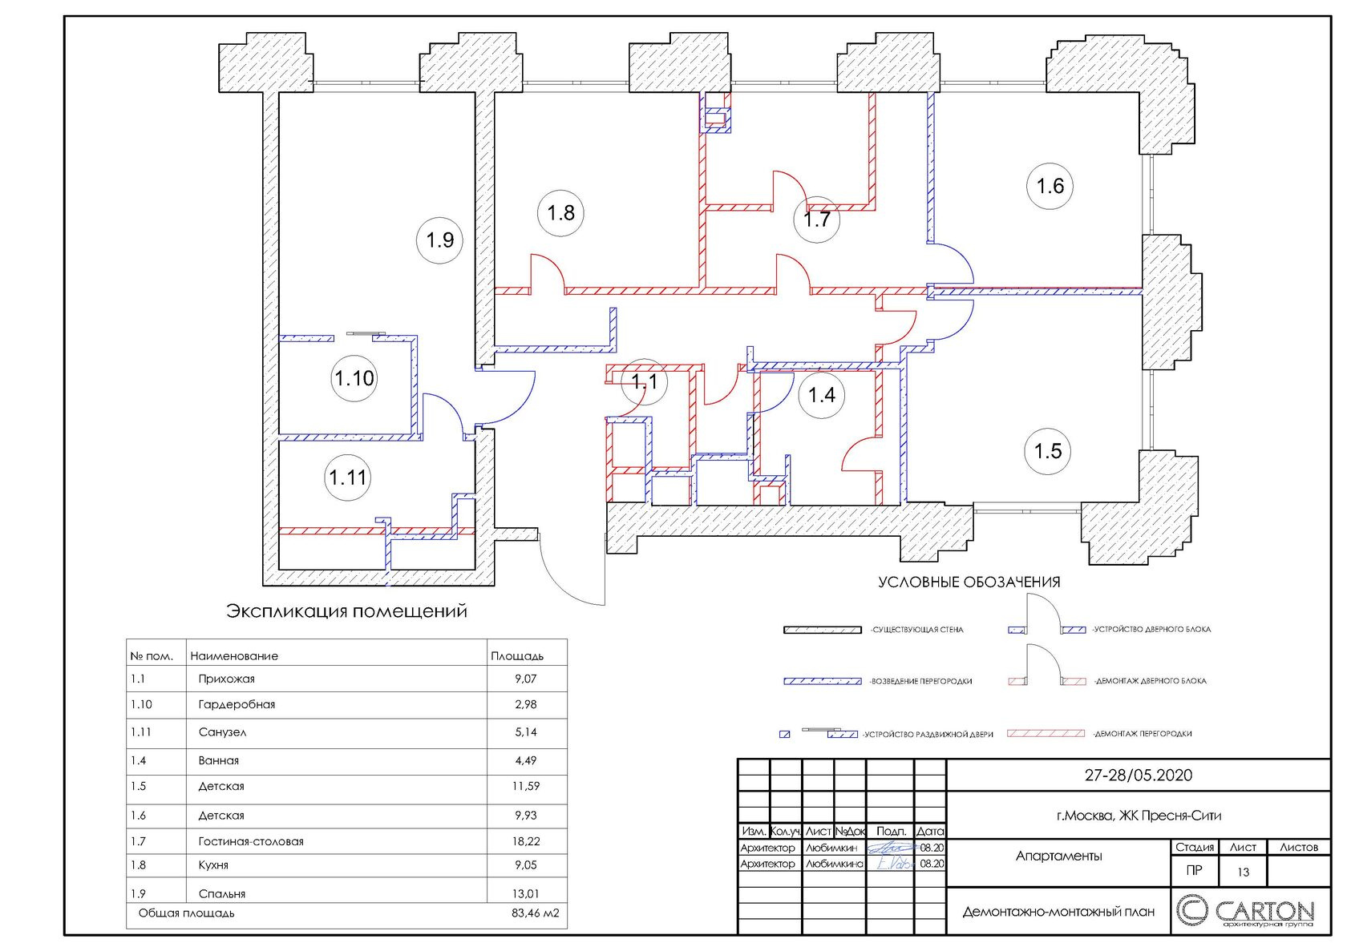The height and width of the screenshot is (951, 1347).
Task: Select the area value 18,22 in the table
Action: coord(526,841)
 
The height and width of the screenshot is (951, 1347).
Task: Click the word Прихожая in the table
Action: coord(227,679)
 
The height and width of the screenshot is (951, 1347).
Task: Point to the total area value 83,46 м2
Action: coord(536,913)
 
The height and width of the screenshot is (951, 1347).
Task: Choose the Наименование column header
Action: coord(234,656)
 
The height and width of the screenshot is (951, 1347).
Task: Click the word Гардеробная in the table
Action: coord(237,704)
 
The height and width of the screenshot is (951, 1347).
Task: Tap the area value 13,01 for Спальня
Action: coord(526,893)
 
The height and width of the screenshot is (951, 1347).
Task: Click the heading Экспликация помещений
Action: coord(346,611)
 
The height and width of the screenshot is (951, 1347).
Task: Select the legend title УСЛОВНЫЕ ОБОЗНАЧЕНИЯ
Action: coord(969,582)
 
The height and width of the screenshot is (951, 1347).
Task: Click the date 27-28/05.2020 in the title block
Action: coord(1139,775)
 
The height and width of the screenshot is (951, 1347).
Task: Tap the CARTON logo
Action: coord(1244,912)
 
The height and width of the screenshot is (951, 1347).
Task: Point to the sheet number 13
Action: coord(1243,872)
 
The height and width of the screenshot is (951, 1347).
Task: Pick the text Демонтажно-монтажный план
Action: coord(1058,912)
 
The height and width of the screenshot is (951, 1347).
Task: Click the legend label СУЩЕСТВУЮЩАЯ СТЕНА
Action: coord(917,630)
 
